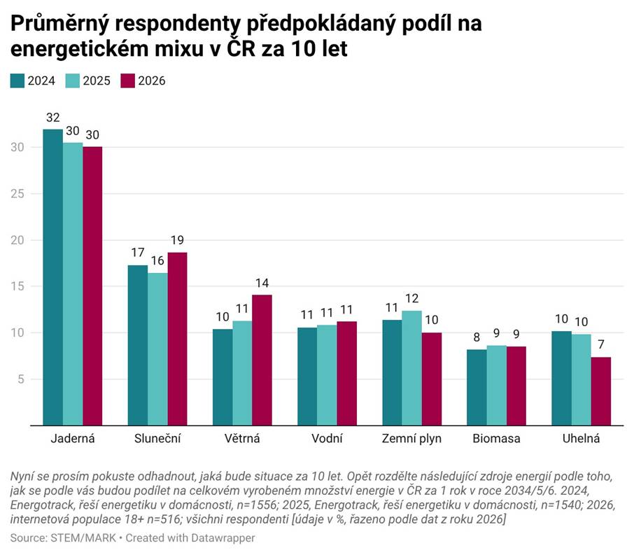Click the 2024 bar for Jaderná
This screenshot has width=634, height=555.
tap(52, 277)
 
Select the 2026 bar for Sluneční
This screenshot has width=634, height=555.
tap(177, 339)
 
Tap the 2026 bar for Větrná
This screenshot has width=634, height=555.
tap(262, 360)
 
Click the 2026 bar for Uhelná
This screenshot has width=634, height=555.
tap(600, 391)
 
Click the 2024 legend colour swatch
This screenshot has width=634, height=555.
tap(17, 80)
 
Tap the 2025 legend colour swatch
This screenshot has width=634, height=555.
tap(73, 80)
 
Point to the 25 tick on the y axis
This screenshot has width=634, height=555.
tap(17, 194)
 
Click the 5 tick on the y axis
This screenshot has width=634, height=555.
tap(22, 379)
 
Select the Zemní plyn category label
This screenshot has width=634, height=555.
tap(411, 439)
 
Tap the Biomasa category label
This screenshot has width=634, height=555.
tap(496, 439)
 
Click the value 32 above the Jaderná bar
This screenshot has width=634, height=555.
tap(52, 117)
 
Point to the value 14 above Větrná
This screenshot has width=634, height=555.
tap(262, 283)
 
